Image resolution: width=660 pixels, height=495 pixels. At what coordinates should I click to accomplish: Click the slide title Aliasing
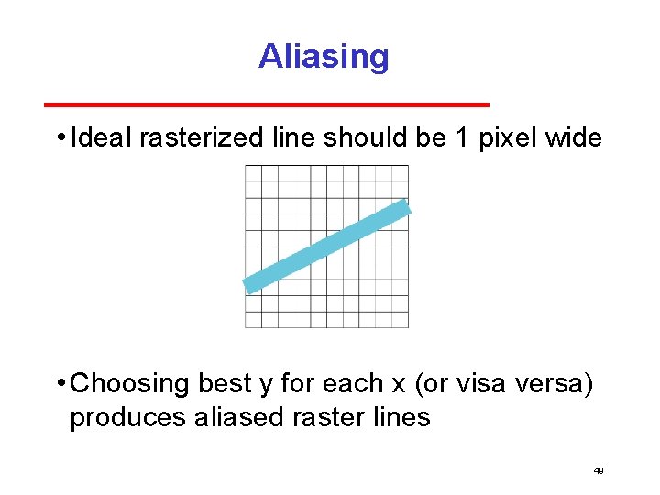[x=324, y=57]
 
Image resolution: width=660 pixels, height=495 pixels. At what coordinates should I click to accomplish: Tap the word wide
[x=573, y=138]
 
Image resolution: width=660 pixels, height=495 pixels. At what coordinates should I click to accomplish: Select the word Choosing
[x=130, y=383]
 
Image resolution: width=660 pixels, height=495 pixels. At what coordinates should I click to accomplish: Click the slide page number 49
[x=598, y=470]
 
